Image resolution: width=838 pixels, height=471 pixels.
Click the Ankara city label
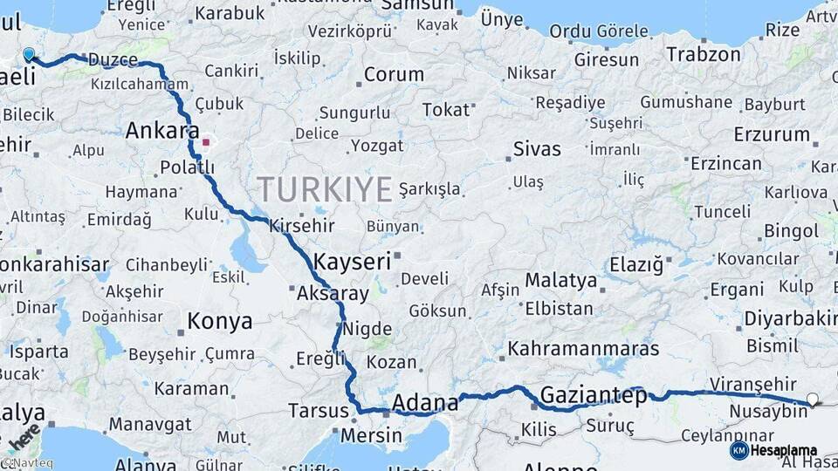tap(161, 132)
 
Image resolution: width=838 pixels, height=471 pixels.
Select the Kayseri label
tap(352, 261)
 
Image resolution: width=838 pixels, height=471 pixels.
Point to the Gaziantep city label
tap(594, 396)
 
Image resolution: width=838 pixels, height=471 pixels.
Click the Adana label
tap(425, 403)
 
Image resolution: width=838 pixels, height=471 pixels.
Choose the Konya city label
tap(220, 322)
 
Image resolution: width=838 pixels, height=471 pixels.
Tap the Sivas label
tap(537, 148)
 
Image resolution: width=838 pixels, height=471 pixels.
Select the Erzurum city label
tap(772, 135)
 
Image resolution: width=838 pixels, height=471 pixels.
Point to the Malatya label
tap(561, 281)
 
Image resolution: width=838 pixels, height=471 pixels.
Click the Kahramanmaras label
tap(584, 349)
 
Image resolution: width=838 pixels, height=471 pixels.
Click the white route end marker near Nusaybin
tap(814, 399)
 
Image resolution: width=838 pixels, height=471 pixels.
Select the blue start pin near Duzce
tap(29, 55)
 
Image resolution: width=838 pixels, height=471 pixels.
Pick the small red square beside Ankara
tap(206, 141)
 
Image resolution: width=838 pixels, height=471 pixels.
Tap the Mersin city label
tap(372, 435)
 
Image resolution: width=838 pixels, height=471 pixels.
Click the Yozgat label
tap(377, 146)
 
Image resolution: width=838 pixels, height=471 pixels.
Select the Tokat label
tap(445, 110)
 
